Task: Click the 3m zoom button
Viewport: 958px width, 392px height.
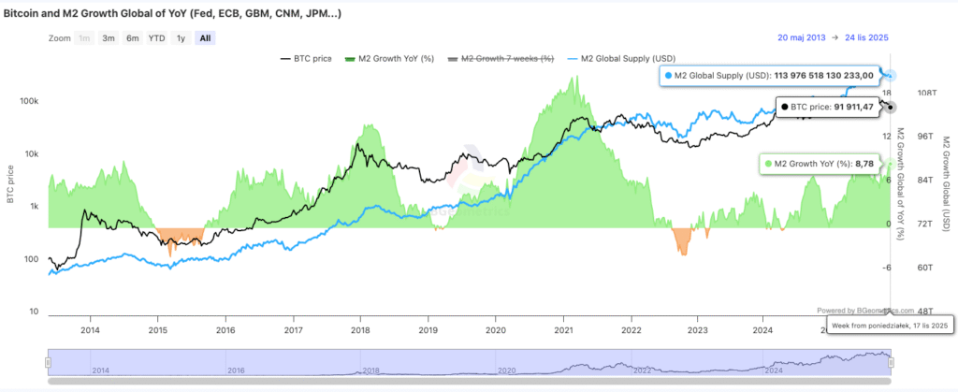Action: (x=109, y=38)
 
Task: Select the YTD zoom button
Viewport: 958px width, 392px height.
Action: (x=156, y=38)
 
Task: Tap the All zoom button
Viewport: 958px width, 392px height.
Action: (x=205, y=38)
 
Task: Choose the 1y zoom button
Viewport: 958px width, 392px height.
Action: (x=180, y=38)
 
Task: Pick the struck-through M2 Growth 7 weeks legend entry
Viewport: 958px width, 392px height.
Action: (x=504, y=59)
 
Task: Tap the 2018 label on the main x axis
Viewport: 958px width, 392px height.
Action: (x=361, y=329)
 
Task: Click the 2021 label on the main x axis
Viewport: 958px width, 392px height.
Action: (x=563, y=329)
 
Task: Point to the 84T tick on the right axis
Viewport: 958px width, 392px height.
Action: (x=925, y=181)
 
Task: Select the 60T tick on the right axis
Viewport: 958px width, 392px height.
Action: (x=925, y=268)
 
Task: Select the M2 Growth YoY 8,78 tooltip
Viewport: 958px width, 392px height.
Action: (x=820, y=164)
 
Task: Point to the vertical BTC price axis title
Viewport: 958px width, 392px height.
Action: (x=10, y=183)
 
